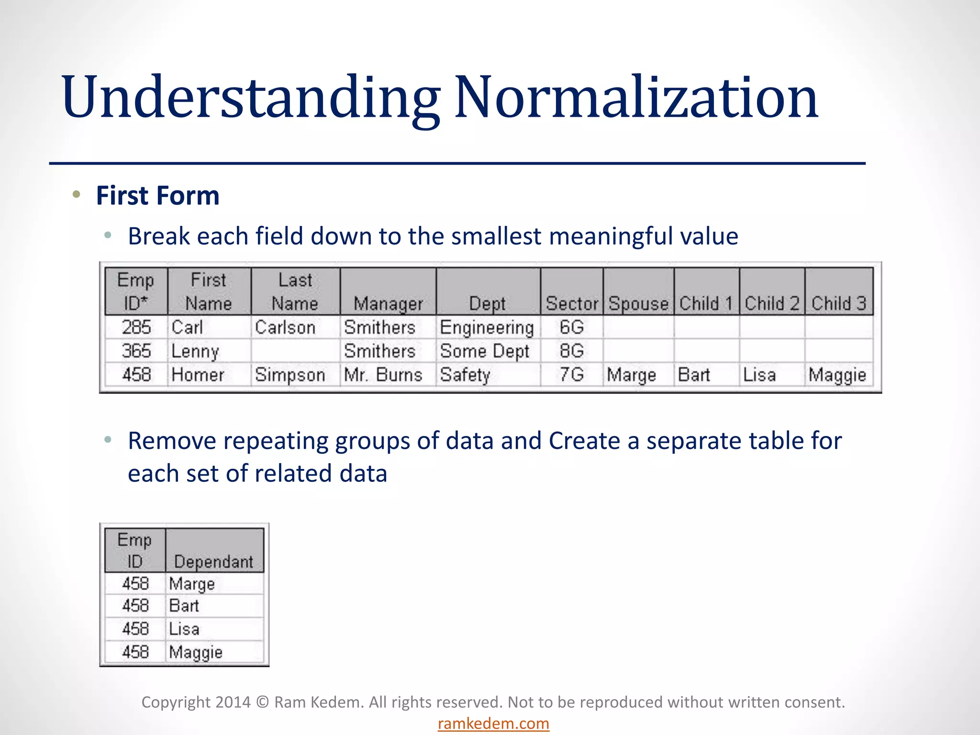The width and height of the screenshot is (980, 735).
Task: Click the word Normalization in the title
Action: point(636,98)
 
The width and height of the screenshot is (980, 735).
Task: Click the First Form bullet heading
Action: point(157,196)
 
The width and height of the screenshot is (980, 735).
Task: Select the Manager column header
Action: point(388,303)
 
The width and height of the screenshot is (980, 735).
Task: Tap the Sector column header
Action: point(572,303)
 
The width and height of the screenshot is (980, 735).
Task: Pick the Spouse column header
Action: point(638,303)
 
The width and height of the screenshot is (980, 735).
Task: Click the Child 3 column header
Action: point(839,303)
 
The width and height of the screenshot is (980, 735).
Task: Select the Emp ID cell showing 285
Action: point(136,327)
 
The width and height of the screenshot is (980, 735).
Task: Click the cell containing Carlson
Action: point(285,327)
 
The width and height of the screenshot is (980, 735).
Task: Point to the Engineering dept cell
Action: point(487,328)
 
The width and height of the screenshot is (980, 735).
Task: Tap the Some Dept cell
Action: point(484,351)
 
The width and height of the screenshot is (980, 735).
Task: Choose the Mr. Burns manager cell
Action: point(383,375)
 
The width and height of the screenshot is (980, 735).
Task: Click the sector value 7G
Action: point(572,375)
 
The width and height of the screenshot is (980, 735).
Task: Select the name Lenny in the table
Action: point(195,352)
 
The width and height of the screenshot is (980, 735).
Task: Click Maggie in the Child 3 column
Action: point(837,375)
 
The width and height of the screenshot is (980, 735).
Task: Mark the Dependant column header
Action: point(213,561)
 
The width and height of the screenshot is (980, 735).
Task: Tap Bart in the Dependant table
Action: point(184,606)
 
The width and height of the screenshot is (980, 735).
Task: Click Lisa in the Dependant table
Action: point(184,629)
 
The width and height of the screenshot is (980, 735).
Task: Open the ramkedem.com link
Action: point(493,724)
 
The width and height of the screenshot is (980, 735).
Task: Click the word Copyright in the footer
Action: point(176,702)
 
